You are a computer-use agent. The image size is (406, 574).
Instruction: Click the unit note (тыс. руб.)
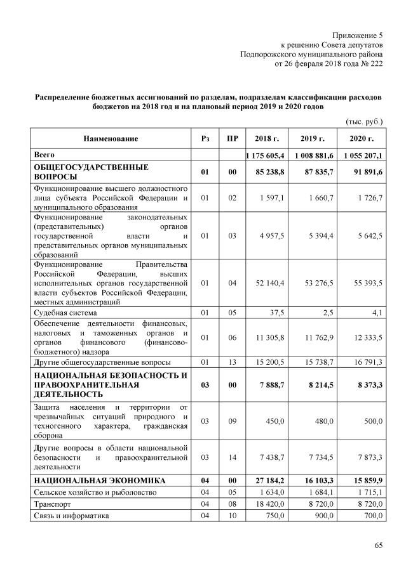coord(363,120)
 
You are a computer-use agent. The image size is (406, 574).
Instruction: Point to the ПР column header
coord(233,138)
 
